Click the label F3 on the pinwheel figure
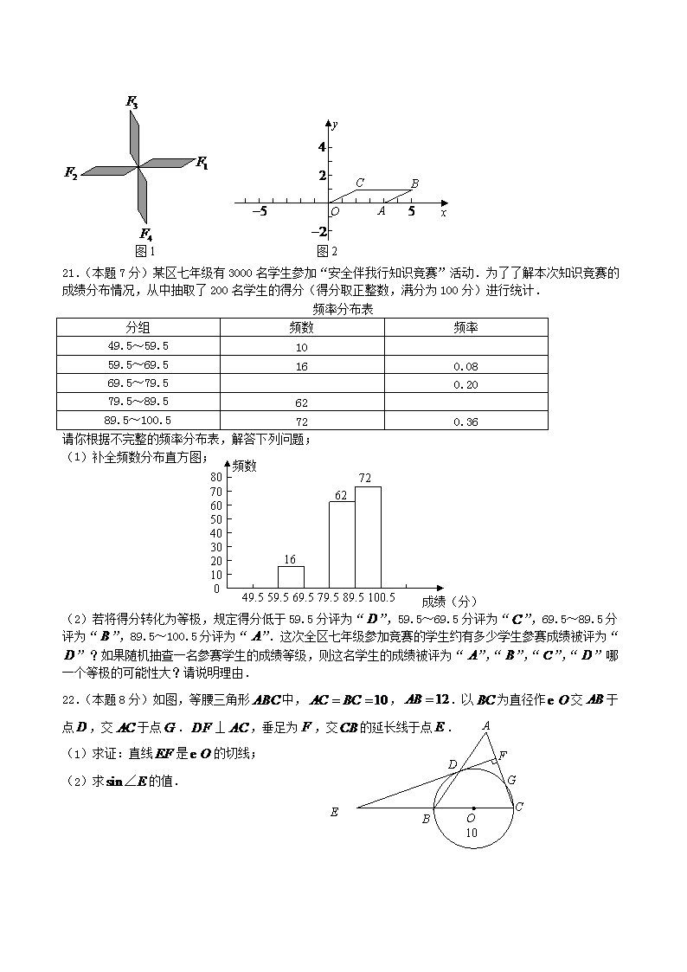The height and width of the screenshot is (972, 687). coord(132,103)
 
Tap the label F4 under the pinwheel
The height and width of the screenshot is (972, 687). coord(146,234)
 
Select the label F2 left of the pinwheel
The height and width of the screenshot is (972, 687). coord(71,172)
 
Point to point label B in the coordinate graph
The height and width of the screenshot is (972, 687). coord(415,183)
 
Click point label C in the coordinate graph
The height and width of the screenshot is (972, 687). coord(359,183)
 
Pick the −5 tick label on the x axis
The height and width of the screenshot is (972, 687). coord(259,211)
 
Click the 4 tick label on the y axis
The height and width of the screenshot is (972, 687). coord(321,147)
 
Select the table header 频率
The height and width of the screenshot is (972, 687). coord(466,327)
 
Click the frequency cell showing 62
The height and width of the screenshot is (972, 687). coord(302,403)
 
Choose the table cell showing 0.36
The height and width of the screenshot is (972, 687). coord(465,422)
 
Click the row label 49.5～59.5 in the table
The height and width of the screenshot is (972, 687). coord(138,346)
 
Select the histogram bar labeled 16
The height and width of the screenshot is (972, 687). coord(291,577)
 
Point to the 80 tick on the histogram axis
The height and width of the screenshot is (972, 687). coord(215,477)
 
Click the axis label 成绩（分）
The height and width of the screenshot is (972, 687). coord(449,600)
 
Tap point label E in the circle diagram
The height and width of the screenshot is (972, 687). coord(334,812)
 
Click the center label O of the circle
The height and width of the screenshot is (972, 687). coord(472,818)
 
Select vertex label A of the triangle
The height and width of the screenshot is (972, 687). coord(486,725)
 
